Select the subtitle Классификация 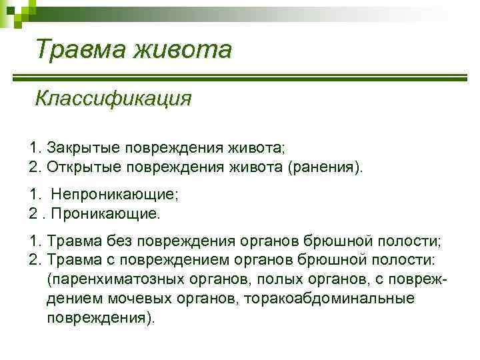113,99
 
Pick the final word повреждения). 100,317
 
